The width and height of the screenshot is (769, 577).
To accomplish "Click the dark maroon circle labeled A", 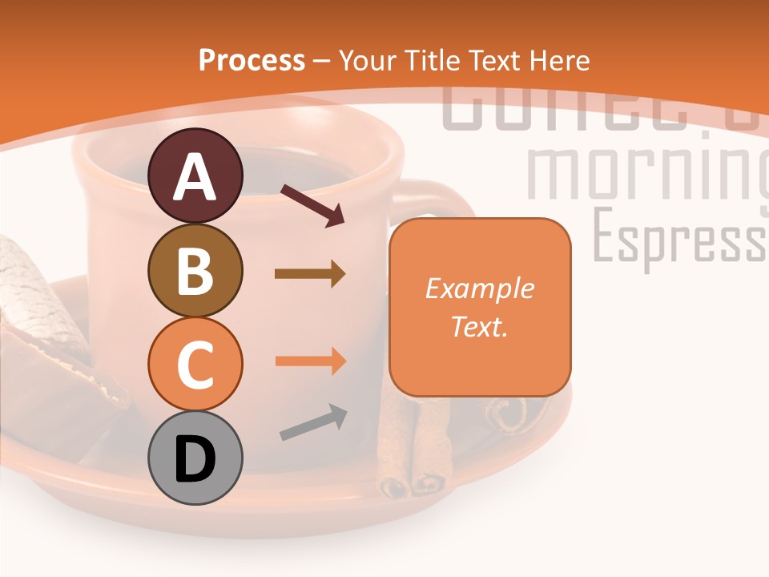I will click(195, 176).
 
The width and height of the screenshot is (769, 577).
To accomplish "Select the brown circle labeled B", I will click(195, 270).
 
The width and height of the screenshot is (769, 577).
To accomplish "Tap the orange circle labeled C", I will click(195, 364).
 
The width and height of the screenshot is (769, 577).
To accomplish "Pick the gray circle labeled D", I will click(195, 458).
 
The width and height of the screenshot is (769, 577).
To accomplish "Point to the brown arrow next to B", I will click(310, 274).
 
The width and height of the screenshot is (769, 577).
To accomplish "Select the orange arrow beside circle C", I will click(310, 361).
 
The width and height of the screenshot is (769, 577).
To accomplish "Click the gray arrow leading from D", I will click(313, 422).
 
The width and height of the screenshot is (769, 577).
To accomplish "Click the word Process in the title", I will click(252, 60).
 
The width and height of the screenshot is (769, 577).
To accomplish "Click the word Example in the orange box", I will click(479, 288).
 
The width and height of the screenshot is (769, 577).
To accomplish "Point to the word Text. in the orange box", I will click(479, 326).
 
